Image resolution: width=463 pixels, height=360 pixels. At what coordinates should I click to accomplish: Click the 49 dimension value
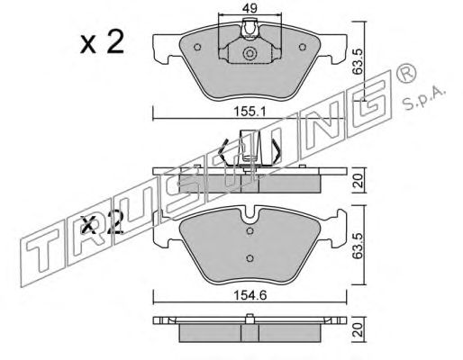tap(250, 8)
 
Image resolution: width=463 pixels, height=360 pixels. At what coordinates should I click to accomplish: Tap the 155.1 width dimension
tap(250, 112)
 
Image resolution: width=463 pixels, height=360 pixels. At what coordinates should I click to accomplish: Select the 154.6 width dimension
tap(250, 295)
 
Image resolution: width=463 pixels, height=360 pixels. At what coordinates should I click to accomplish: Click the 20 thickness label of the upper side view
tap(359, 181)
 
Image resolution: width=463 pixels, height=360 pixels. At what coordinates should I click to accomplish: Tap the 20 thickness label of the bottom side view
tap(359, 329)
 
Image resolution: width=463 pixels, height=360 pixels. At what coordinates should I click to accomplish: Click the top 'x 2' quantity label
tap(102, 42)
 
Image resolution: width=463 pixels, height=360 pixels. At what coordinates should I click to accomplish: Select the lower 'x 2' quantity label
tap(102, 223)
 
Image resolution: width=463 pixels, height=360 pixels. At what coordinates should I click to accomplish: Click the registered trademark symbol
tap(406, 73)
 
